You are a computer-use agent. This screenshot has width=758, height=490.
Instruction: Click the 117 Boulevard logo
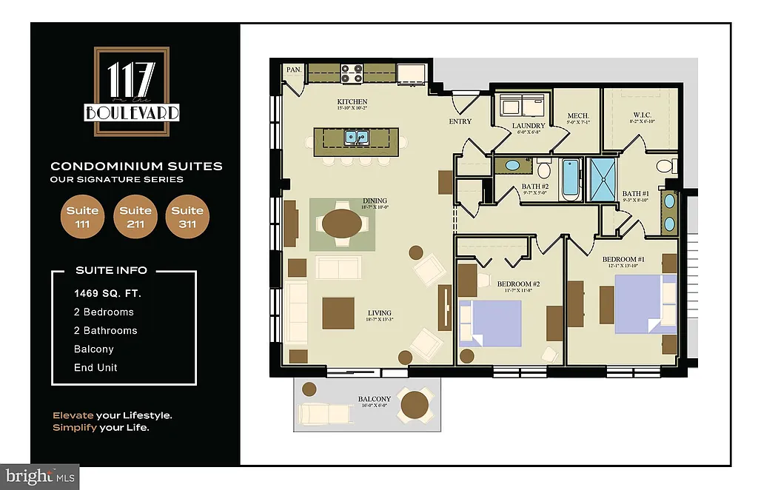(x=132, y=92)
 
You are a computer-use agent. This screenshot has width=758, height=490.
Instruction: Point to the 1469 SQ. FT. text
(x=107, y=294)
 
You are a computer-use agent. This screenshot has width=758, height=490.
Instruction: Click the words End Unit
(x=95, y=368)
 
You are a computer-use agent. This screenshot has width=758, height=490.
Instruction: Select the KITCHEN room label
(x=352, y=102)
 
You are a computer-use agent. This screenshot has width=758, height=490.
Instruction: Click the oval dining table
(x=341, y=224)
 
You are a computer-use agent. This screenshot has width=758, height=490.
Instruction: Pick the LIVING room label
(x=379, y=313)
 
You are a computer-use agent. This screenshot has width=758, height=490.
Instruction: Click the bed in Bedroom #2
(x=489, y=323)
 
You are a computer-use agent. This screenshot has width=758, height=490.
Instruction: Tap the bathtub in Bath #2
(x=571, y=178)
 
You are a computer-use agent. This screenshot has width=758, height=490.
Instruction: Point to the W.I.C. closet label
(x=641, y=115)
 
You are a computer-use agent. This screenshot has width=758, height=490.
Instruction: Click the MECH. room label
(x=578, y=116)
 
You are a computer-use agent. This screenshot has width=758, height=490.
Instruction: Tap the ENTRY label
(x=460, y=121)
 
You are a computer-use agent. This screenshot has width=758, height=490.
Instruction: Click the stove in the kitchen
(x=352, y=73)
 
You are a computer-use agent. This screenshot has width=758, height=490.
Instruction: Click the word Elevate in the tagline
(x=72, y=415)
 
